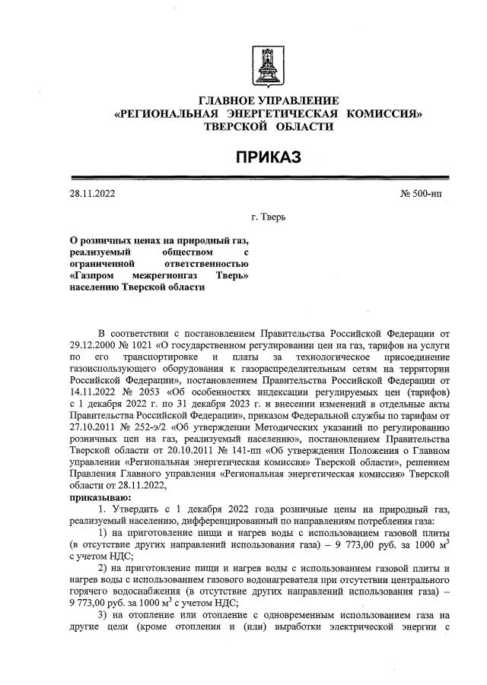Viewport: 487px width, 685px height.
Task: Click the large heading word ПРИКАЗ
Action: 267,157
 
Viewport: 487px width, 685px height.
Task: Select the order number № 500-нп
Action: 420,194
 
